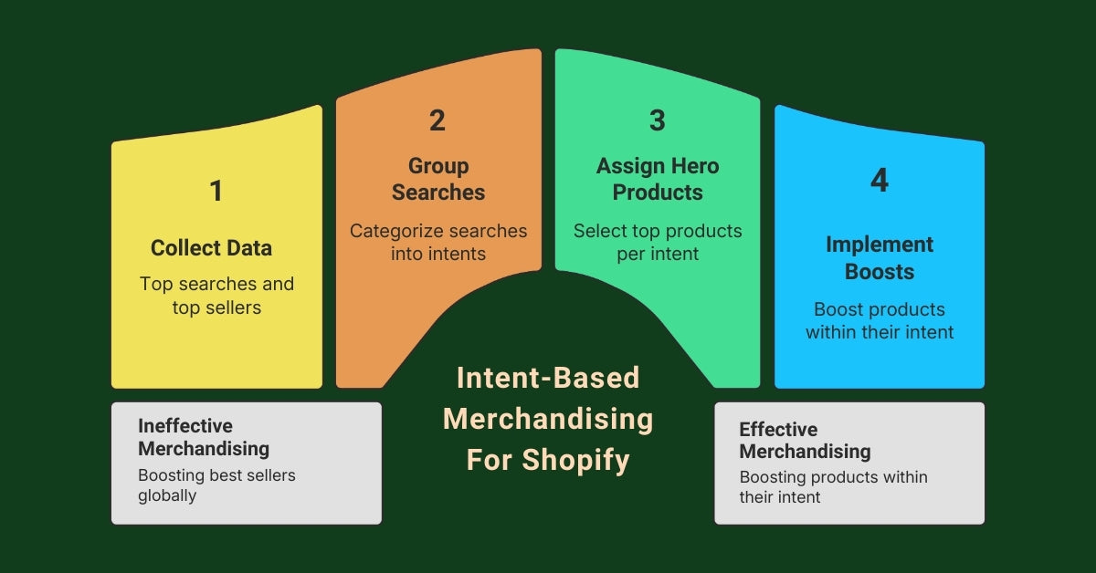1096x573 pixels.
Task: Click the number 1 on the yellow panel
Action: pyautogui.click(x=216, y=191)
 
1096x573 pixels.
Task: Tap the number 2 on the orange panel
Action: pyautogui.click(x=437, y=120)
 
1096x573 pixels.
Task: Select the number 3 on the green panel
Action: pyautogui.click(x=658, y=120)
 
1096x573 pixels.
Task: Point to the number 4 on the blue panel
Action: pyautogui.click(x=879, y=181)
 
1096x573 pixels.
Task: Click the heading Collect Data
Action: pyautogui.click(x=211, y=248)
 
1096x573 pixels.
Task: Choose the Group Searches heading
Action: pyautogui.click(x=438, y=179)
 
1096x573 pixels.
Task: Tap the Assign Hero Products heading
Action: pyautogui.click(x=658, y=179)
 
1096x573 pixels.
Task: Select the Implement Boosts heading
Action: pyautogui.click(x=879, y=257)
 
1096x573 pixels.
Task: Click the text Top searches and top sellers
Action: pyautogui.click(x=216, y=296)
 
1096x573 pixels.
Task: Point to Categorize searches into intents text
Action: pyautogui.click(x=438, y=242)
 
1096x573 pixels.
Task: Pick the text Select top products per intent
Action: pyautogui.click(x=658, y=242)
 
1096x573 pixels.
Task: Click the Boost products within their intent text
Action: pyautogui.click(x=879, y=320)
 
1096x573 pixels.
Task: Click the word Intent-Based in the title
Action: pyautogui.click(x=548, y=377)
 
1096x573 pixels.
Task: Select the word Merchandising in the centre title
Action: pyautogui.click(x=548, y=419)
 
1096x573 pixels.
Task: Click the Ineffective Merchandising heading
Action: pyautogui.click(x=204, y=437)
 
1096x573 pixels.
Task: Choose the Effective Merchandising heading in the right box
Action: pyautogui.click(x=805, y=440)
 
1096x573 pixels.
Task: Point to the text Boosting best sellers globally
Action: pyautogui.click(x=216, y=485)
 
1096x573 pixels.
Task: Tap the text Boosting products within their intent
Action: pyautogui.click(x=833, y=487)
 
